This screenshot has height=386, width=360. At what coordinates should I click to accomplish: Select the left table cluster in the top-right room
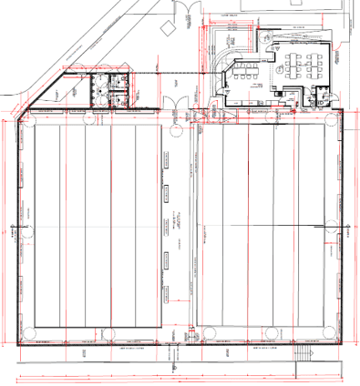coord(293,64)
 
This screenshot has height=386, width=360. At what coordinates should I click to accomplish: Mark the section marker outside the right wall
coord(349,233)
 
